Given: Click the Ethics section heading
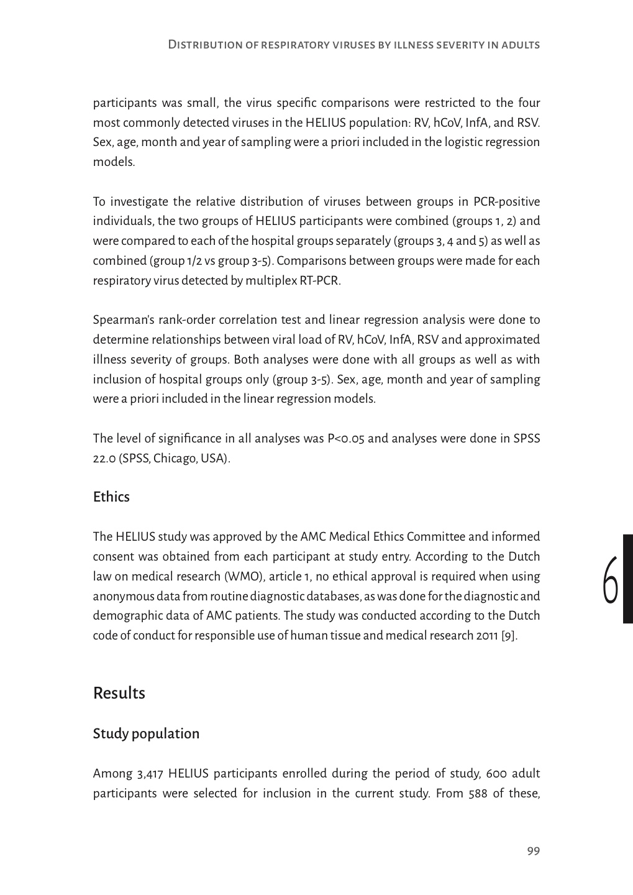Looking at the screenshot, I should pyautogui.click(x=111, y=497).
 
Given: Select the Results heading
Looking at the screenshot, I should pyautogui.click(x=119, y=693).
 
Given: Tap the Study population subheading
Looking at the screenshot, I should pyautogui.click(x=146, y=734).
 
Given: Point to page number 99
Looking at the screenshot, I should pyautogui.click(x=533, y=851).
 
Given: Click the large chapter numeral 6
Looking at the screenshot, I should pyautogui.click(x=611, y=580).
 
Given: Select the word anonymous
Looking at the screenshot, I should pyautogui.click(x=123, y=597).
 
